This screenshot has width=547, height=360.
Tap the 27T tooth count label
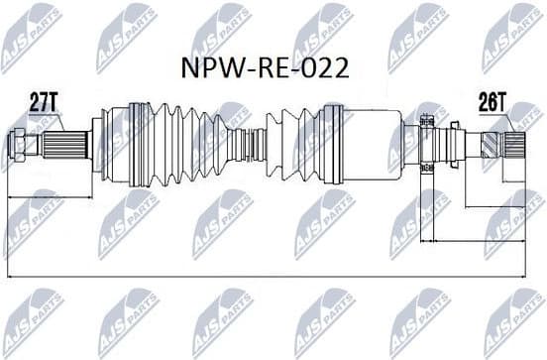pos(43,99)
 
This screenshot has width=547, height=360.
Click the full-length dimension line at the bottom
pos(268,275)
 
